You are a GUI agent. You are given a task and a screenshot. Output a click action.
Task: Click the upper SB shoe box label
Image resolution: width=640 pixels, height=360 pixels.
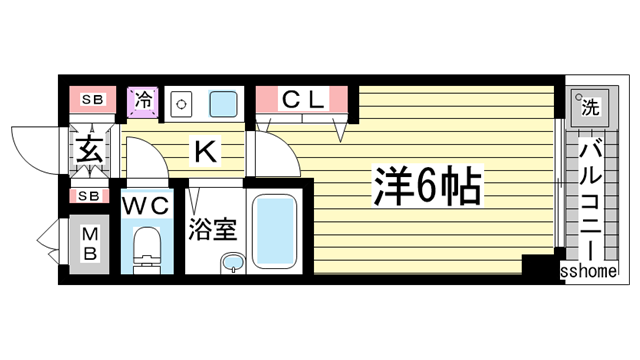pos(92,99)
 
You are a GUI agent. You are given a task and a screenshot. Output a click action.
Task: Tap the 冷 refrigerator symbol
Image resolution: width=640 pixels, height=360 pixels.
pos(144,100)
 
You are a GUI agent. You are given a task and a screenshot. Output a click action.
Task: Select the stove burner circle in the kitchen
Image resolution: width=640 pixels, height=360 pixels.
pos(182,102)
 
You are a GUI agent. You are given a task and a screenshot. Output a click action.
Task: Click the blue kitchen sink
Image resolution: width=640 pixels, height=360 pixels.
pos(223,102)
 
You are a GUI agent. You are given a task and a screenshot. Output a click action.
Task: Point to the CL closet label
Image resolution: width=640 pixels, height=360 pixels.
pos(302,99)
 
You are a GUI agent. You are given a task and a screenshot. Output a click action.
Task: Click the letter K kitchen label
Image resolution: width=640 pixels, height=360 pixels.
pos(203,151)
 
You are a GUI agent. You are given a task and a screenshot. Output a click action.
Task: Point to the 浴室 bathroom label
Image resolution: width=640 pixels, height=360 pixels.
pos(212,229)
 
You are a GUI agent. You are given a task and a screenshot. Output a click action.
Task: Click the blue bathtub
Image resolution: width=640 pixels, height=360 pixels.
pos(274,229)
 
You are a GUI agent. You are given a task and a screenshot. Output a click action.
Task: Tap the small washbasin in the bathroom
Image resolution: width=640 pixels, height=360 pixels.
pos(232,263)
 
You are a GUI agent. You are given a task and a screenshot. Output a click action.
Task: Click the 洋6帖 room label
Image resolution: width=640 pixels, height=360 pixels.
pos(430,185)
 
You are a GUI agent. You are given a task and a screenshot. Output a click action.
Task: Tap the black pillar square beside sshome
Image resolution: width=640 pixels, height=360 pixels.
pos(540,265)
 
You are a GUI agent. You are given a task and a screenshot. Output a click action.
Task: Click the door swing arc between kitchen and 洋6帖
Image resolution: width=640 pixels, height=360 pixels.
pos(270,150)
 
